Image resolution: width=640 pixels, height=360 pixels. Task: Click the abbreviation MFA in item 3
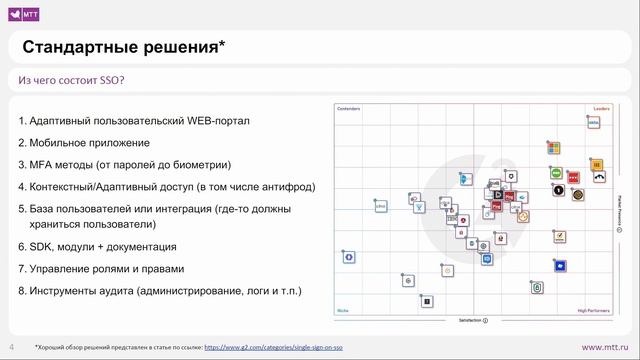pos(45,164)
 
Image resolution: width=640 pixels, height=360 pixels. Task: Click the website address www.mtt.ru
pos(606,346)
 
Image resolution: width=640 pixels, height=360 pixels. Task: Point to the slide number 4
pos(12,346)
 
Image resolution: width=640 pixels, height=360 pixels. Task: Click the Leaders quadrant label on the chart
pos(601,108)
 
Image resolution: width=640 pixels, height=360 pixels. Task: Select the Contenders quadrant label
pos(348,108)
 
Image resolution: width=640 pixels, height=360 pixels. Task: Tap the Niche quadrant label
pos(342,310)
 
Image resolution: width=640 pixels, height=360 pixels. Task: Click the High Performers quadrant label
pos(594,310)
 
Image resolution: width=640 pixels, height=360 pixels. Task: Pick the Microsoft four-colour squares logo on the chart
pos(552,147)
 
